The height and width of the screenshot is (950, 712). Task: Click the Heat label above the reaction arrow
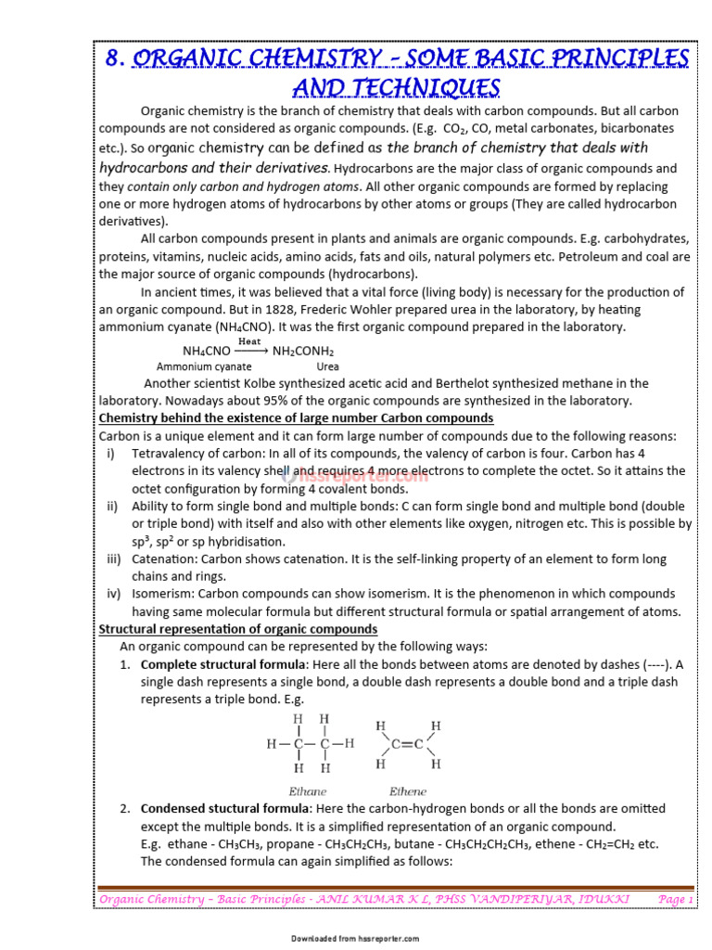pos(249,341)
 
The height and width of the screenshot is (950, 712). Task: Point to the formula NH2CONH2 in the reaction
pos(303,352)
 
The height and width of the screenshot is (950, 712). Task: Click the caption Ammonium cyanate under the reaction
pos(204,366)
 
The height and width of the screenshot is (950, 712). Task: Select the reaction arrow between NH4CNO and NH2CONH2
pos(250,352)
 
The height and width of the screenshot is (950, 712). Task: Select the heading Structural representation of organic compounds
pos(238,629)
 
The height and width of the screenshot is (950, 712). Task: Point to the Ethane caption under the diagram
pos(308,791)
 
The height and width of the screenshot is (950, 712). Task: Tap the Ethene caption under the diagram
pos(408,791)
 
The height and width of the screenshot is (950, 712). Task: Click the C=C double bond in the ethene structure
pos(408,744)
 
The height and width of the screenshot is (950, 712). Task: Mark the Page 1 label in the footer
pos(675,899)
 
